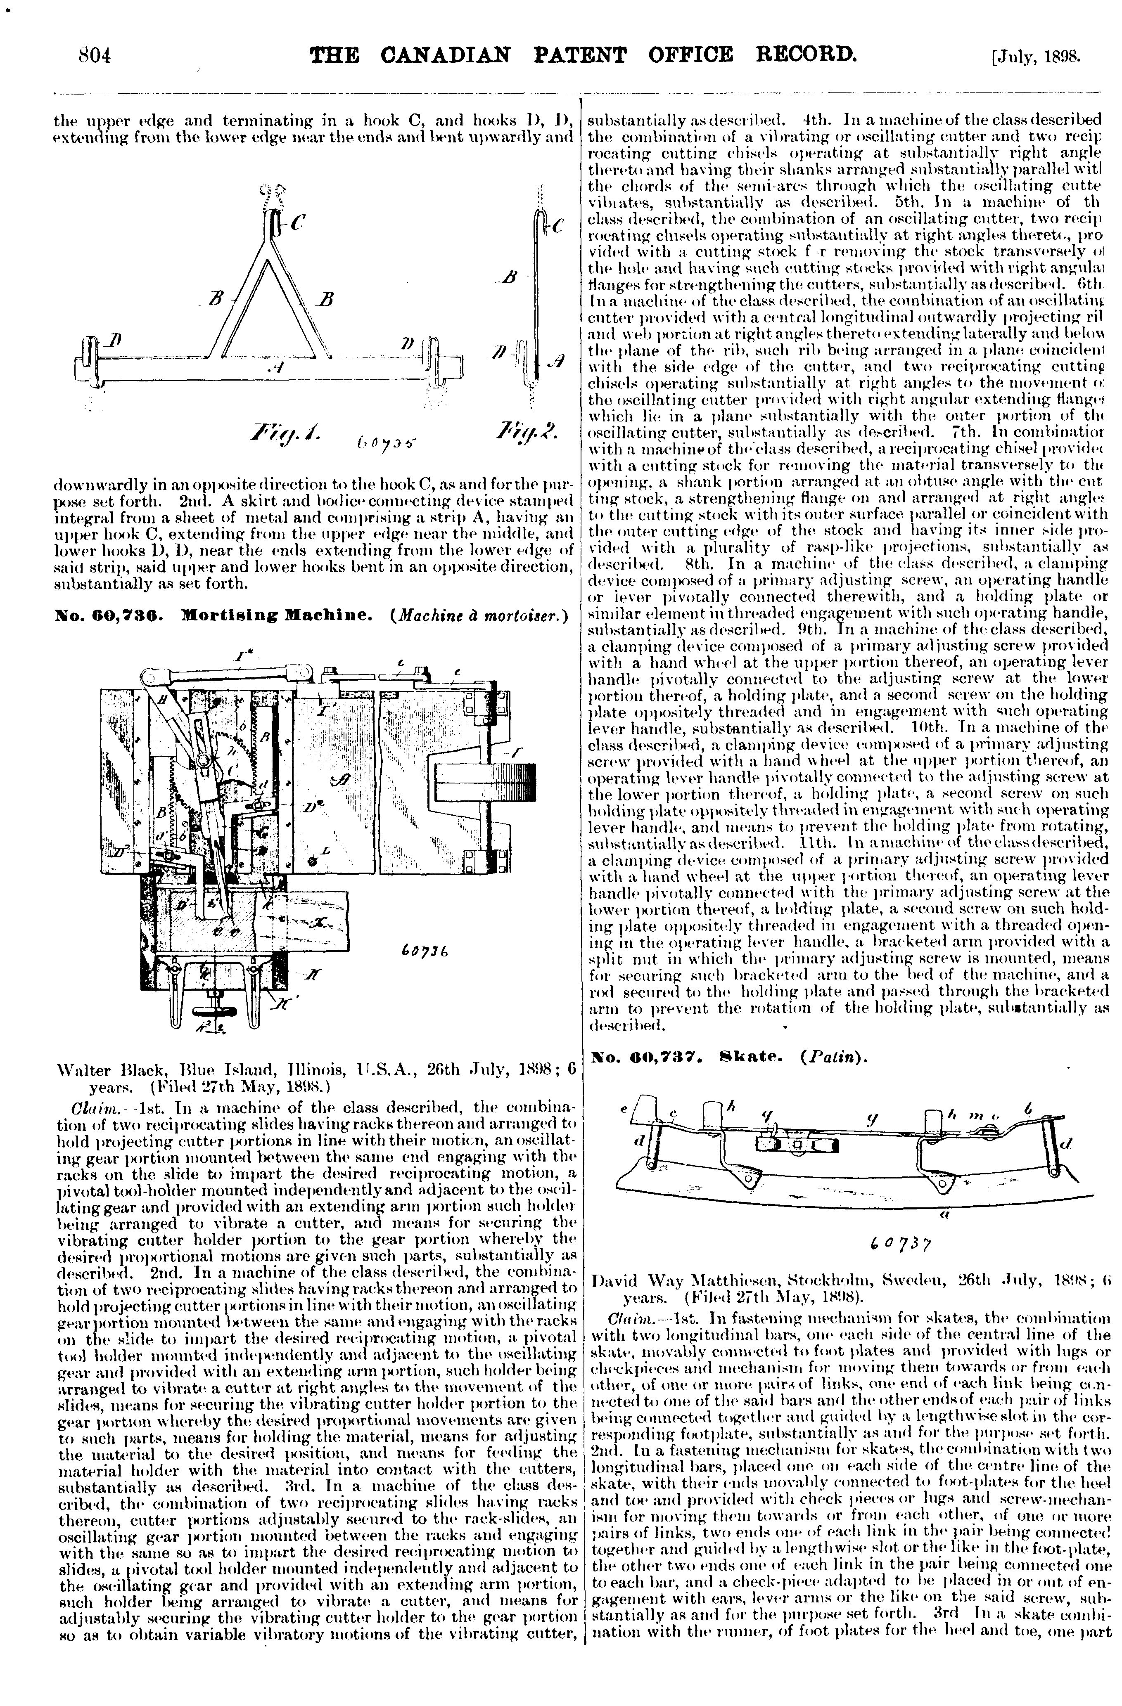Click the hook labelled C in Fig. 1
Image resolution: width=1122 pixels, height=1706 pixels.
(270, 213)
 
